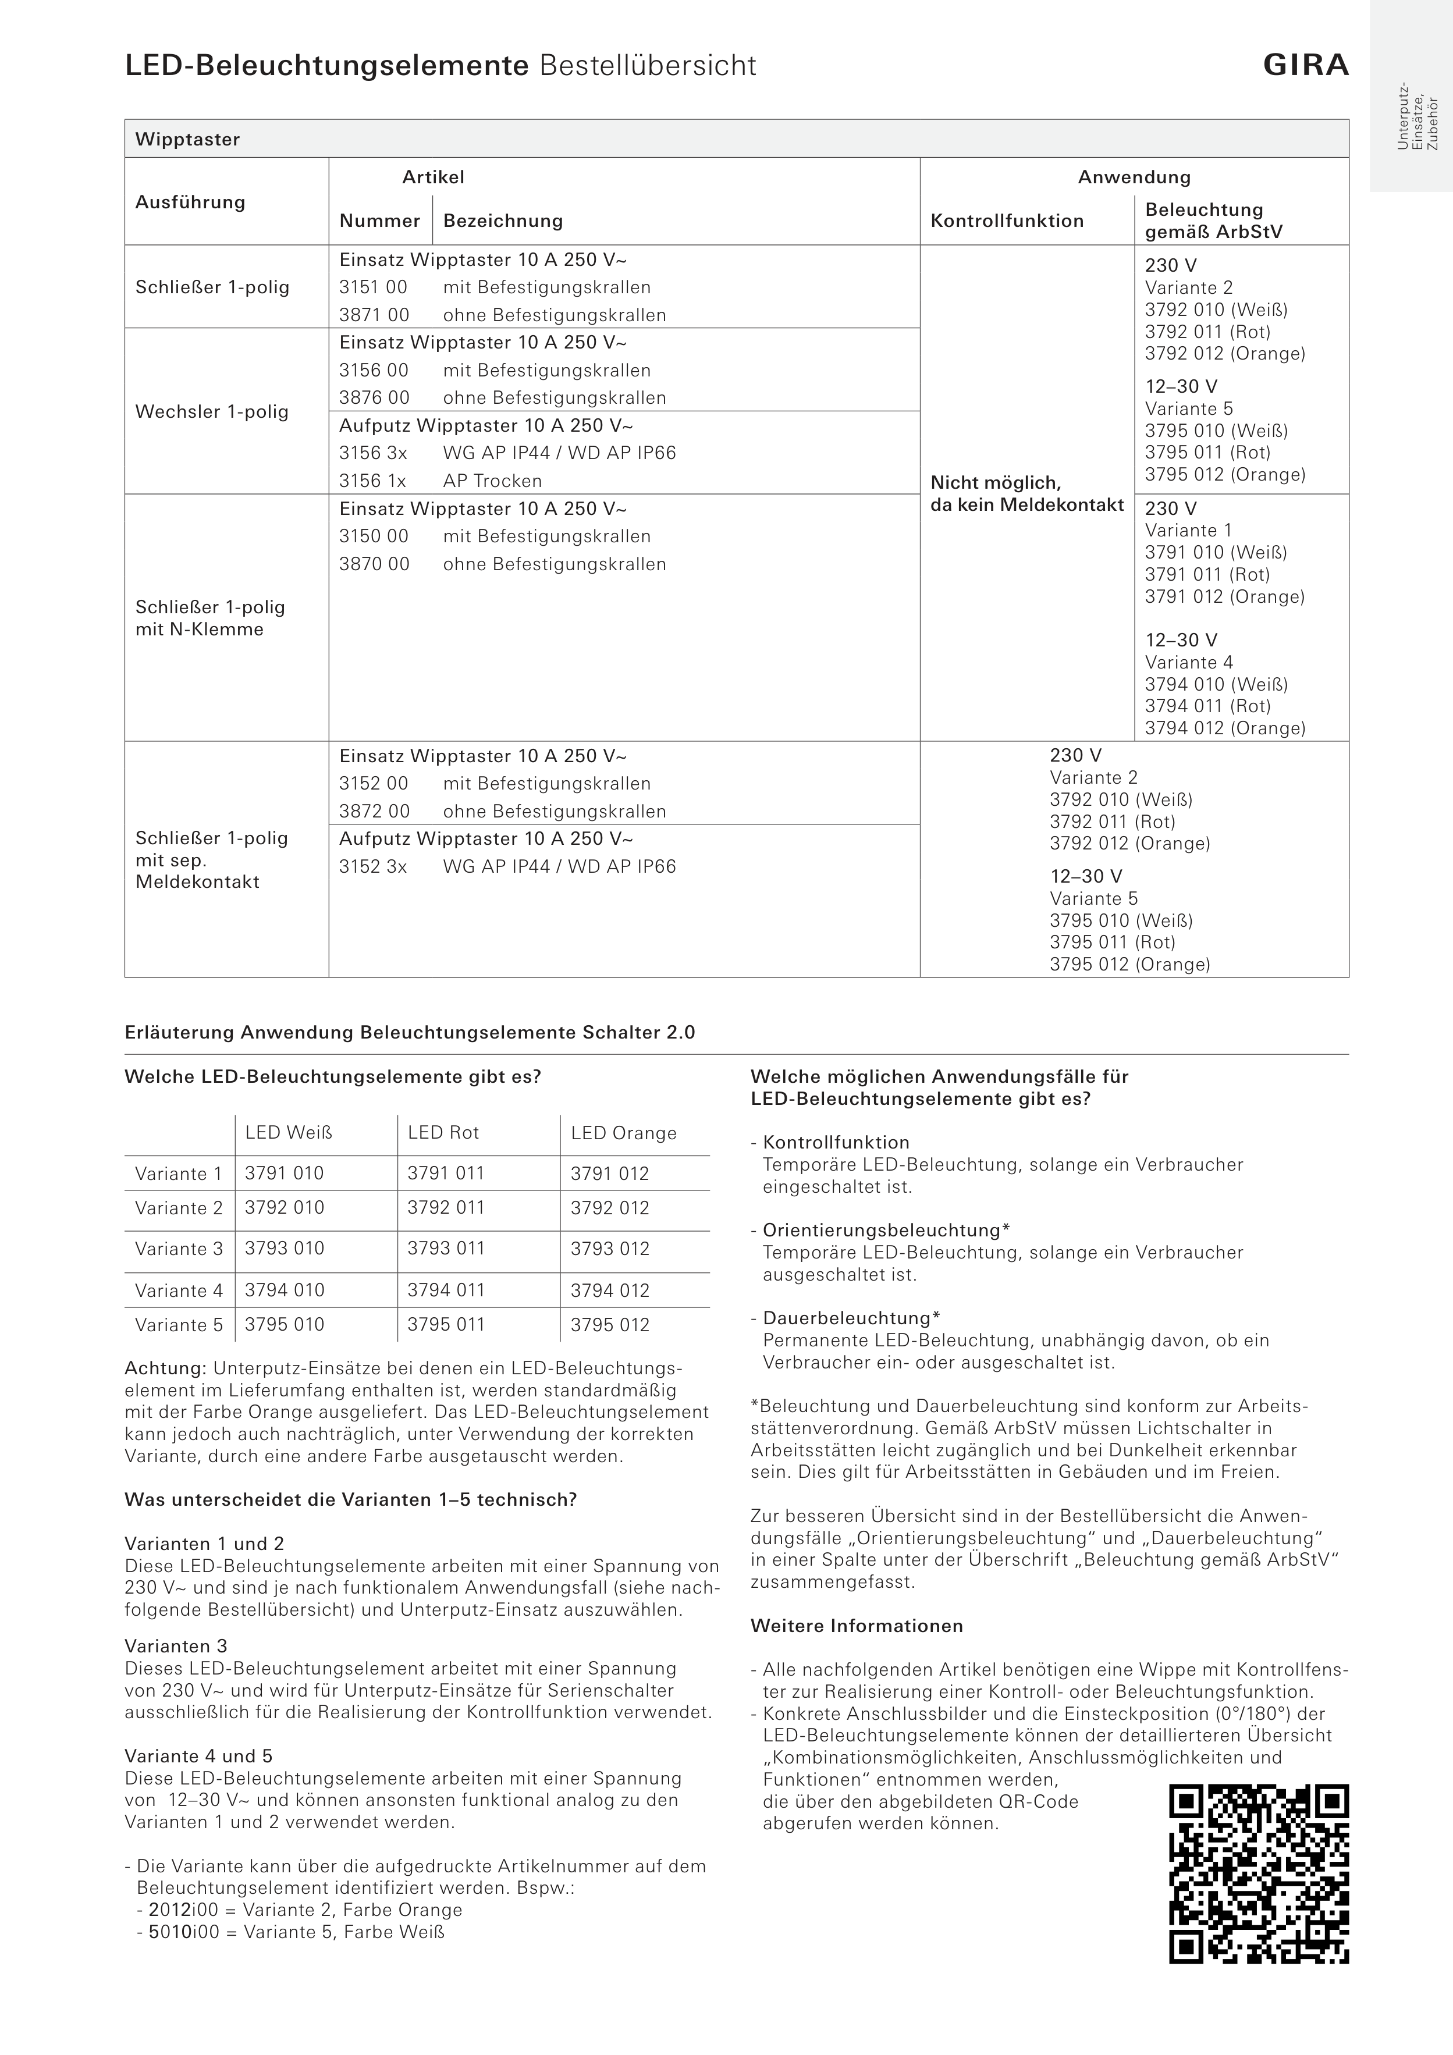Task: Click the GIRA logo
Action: click(x=1305, y=65)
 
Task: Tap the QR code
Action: click(x=1259, y=1874)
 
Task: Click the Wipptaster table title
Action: click(x=188, y=140)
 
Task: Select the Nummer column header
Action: click(x=379, y=221)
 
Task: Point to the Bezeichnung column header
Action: click(x=503, y=221)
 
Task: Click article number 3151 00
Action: click(x=374, y=287)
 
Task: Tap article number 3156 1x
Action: click(x=372, y=481)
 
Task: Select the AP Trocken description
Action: click(x=492, y=481)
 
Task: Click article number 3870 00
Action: click(x=374, y=564)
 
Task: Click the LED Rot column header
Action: click(x=443, y=1133)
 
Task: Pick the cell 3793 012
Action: click(x=610, y=1249)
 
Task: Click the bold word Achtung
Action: click(x=166, y=1368)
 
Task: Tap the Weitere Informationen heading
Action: click(x=857, y=1626)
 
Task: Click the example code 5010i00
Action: click(x=183, y=1932)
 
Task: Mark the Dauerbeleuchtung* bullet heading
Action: click(x=851, y=1318)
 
